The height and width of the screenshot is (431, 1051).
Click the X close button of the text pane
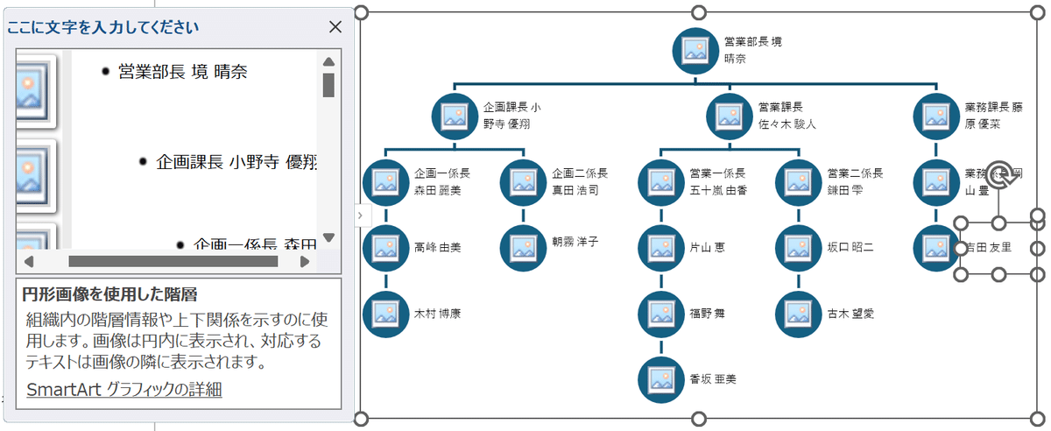(335, 27)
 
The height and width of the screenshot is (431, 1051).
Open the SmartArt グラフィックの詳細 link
(124, 390)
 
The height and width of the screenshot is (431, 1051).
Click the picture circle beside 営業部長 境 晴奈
(695, 50)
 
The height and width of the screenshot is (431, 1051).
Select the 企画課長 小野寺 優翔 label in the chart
(511, 116)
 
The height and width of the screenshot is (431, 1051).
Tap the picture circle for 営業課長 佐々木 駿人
(730, 116)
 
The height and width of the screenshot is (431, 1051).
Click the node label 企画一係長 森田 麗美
(442, 181)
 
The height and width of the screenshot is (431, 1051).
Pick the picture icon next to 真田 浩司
(524, 181)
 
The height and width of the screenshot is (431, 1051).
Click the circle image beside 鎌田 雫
(799, 181)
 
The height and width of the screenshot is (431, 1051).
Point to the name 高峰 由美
(438, 248)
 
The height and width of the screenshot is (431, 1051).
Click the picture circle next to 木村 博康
(386, 313)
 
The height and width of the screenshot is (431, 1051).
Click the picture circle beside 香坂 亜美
(661, 378)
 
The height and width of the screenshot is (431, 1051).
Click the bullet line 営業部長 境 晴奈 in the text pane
(182, 72)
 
